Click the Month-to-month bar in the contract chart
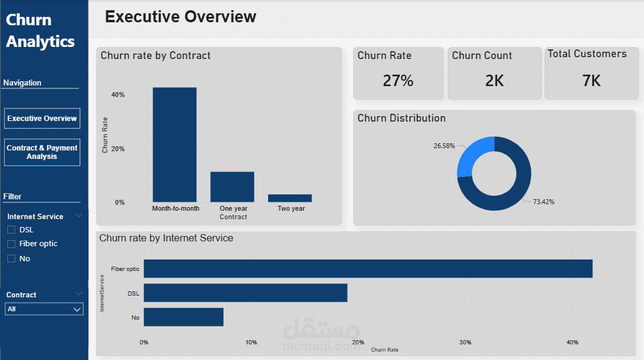click(x=174, y=144)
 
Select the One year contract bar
click(x=232, y=187)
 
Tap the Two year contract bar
click(x=290, y=198)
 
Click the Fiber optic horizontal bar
click(x=367, y=268)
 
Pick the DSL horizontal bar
click(x=245, y=293)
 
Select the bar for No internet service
click(x=183, y=317)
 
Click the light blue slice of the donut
click(x=473, y=157)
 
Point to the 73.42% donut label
click(x=543, y=202)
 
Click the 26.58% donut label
click(x=444, y=146)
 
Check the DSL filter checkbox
click(x=11, y=229)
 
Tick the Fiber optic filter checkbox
click(x=11, y=244)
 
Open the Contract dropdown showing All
click(x=43, y=309)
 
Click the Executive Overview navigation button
click(x=42, y=119)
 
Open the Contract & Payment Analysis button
click(x=42, y=152)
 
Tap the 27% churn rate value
click(x=398, y=80)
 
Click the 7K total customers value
click(x=591, y=80)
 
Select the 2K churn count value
click(x=494, y=80)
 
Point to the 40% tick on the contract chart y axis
click(x=118, y=95)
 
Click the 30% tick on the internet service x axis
click(x=464, y=342)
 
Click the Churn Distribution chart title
click(x=401, y=118)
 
